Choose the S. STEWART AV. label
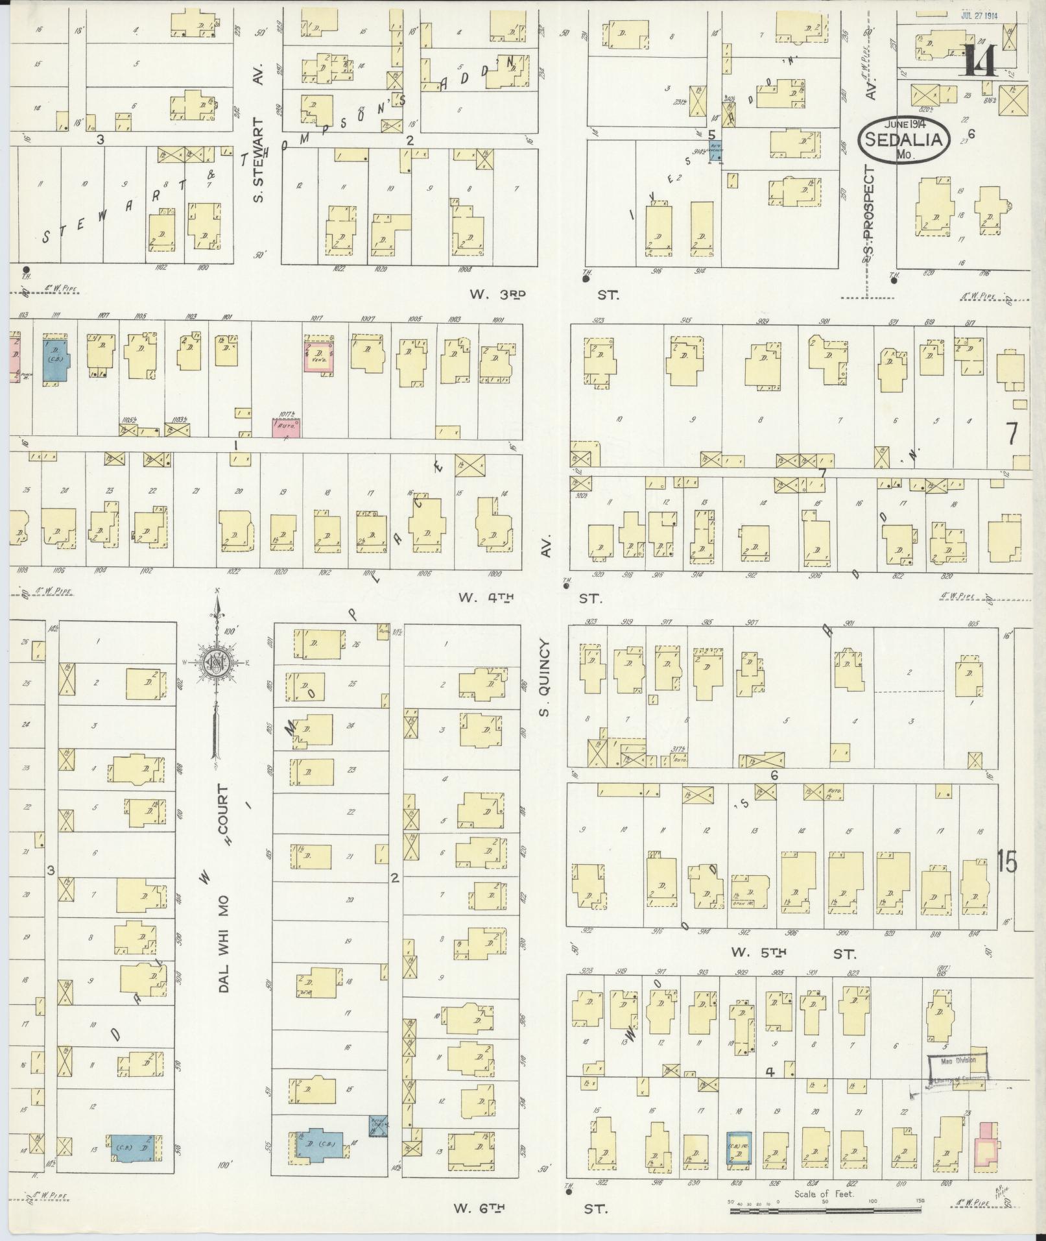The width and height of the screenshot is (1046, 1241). pyautogui.click(x=259, y=159)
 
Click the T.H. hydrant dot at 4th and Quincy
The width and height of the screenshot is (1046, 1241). pyautogui.click(x=566, y=586)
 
